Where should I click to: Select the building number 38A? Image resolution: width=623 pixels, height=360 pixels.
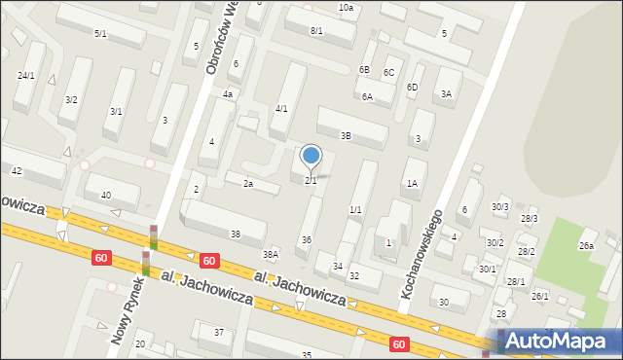tap(271, 254)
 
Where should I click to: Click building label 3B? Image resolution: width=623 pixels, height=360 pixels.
tap(345, 135)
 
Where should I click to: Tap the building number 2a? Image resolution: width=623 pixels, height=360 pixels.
tap(248, 183)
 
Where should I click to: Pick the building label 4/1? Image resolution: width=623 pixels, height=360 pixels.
tap(281, 108)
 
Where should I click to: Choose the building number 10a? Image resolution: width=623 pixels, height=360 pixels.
tap(346, 8)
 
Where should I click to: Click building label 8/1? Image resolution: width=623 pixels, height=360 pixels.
tap(316, 31)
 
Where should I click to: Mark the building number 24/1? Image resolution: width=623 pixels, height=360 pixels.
tap(25, 75)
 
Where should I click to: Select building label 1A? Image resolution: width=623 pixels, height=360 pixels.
tap(412, 183)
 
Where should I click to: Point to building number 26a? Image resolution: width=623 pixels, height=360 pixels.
tap(586, 246)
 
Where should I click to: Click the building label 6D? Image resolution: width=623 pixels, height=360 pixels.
tap(412, 88)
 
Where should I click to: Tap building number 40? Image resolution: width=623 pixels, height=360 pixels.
tap(106, 196)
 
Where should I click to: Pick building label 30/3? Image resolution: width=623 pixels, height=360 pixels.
tap(500, 207)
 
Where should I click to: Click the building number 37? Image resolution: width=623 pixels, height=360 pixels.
tap(219, 333)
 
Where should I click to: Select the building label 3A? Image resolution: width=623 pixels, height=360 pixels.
tap(446, 94)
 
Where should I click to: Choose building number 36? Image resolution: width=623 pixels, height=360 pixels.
tap(307, 239)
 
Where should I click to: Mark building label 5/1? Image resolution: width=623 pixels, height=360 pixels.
tap(100, 34)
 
